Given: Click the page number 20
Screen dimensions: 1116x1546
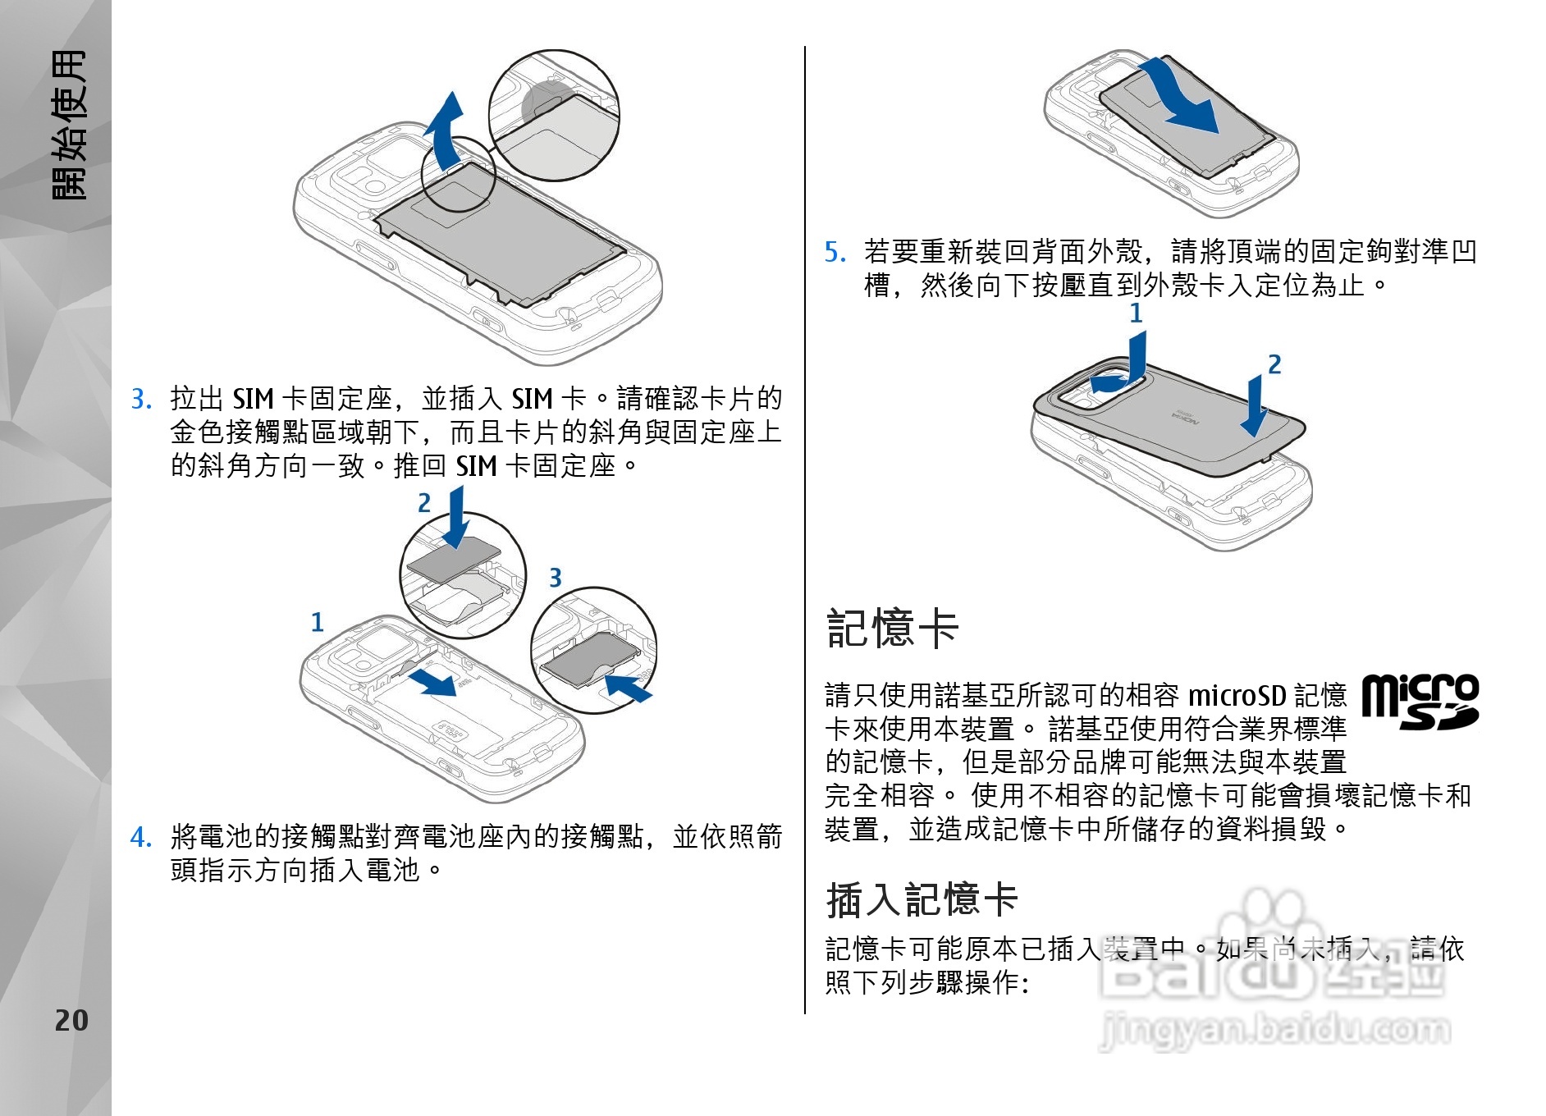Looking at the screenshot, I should (x=71, y=1020).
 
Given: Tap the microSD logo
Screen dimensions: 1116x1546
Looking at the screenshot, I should (x=1420, y=702).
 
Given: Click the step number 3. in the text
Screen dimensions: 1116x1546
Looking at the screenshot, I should (x=141, y=400).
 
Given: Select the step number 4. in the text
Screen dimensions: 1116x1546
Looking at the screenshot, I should (x=141, y=837).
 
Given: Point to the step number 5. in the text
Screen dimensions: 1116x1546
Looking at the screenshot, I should (x=835, y=252).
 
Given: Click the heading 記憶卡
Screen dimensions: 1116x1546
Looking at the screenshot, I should (x=893, y=629).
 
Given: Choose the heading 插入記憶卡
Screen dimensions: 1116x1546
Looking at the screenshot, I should (x=922, y=899).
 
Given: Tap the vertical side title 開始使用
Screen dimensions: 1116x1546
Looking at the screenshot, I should (x=69, y=125).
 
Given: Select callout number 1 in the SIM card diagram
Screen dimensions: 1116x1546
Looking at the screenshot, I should (x=318, y=622).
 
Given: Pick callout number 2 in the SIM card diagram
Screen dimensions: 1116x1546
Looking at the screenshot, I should (x=424, y=503).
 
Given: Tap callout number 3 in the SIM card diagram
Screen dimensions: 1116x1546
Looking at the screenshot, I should (x=556, y=578).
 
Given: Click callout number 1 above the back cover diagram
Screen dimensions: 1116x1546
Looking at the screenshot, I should (x=1136, y=313).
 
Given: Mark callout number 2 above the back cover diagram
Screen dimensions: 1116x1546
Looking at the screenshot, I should (x=1274, y=364).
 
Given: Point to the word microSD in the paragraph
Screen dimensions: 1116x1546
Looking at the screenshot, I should (x=1237, y=696).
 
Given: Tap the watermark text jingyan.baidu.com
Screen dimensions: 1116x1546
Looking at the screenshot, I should (x=1275, y=1030).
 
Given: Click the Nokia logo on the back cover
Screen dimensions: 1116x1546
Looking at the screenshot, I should (x=1185, y=418).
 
